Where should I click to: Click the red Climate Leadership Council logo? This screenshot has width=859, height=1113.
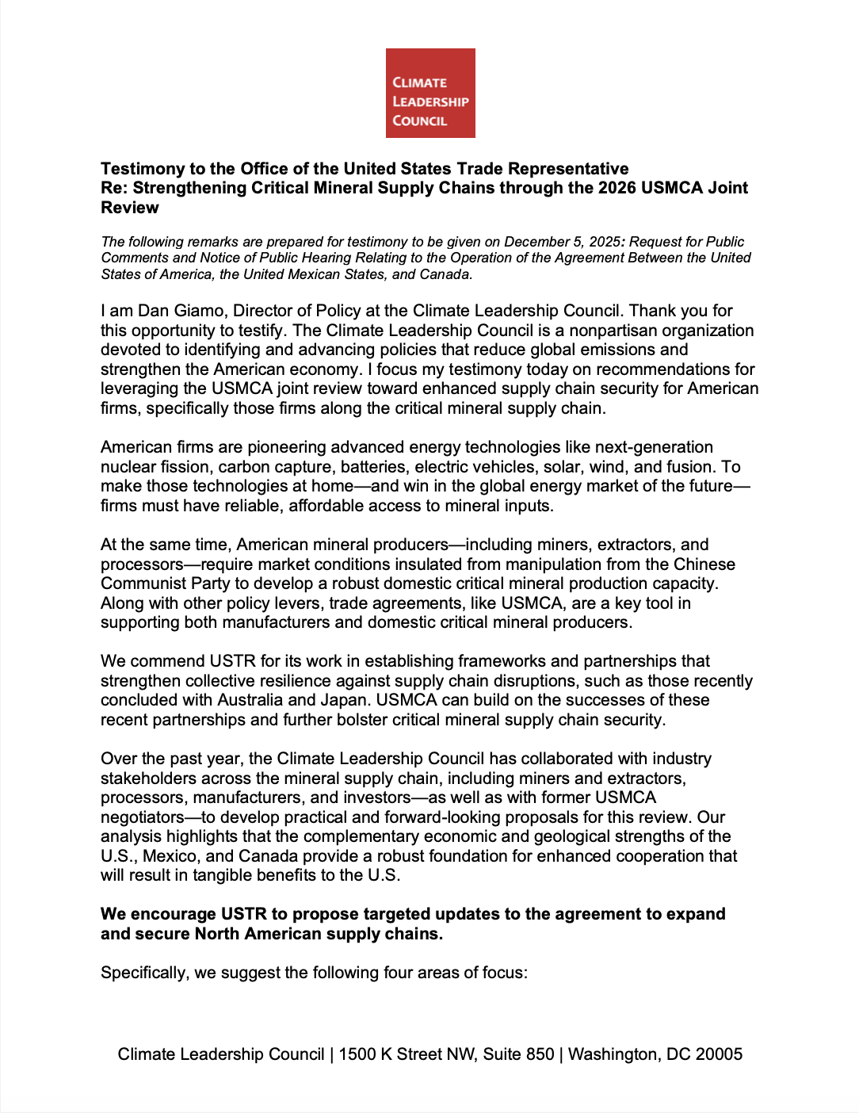pyautogui.click(x=430, y=93)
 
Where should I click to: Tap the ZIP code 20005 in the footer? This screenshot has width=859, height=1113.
pyautogui.click(x=719, y=1054)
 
